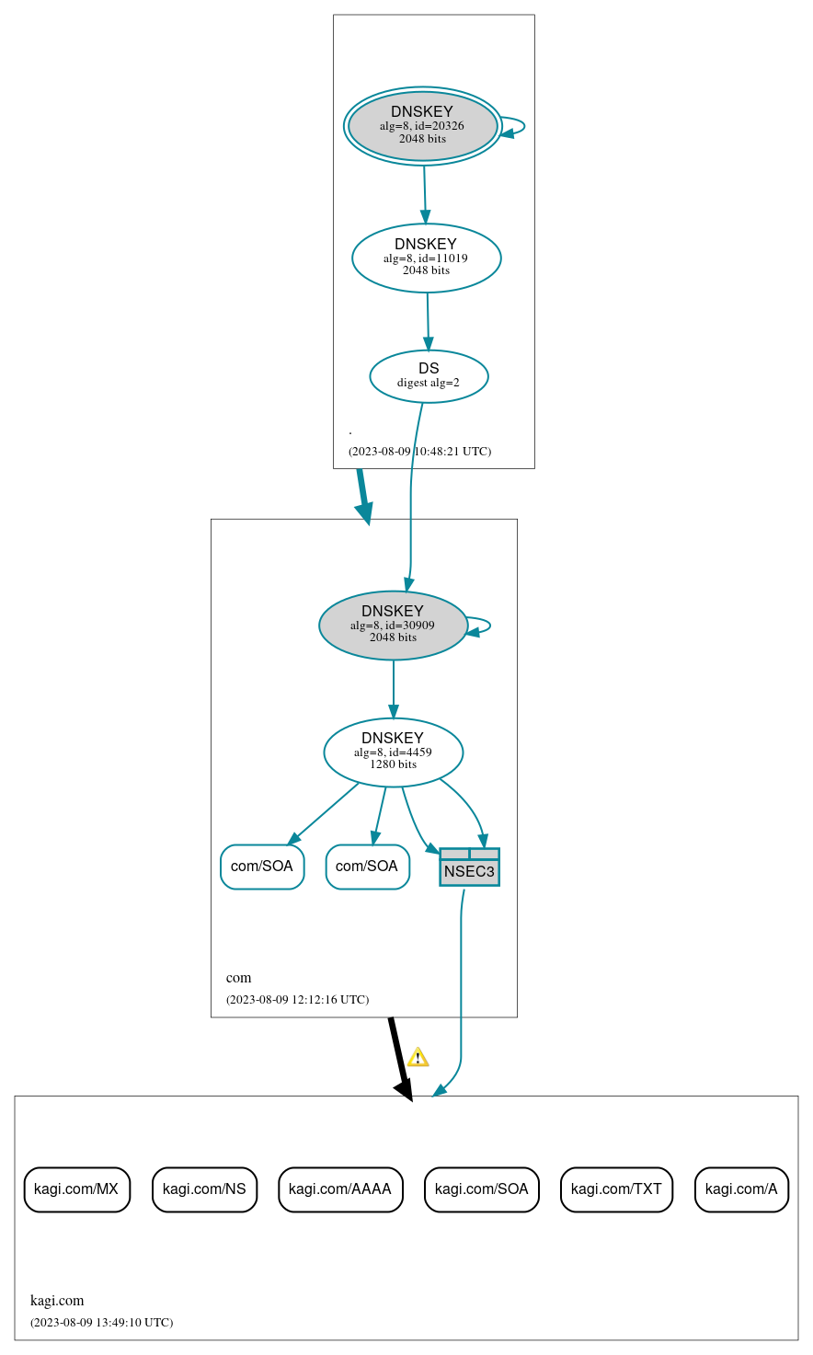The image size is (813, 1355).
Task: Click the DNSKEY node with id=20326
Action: pos(423,126)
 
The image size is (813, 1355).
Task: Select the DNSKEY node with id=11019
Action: pos(426,258)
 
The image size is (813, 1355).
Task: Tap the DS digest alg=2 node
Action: pos(429,375)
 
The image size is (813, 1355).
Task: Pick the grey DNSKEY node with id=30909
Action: pos(393,625)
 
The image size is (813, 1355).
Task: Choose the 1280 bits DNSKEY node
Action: pos(393,752)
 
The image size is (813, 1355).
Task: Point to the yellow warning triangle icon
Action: pos(418,1057)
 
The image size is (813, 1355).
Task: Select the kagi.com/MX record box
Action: pos(76,1188)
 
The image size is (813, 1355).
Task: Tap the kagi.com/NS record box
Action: pos(204,1188)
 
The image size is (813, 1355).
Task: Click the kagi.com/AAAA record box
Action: pos(340,1188)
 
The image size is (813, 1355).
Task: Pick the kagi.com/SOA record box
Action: pos(481,1188)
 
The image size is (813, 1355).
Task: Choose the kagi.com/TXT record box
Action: pos(616,1188)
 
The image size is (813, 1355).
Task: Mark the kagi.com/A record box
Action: pos(741,1188)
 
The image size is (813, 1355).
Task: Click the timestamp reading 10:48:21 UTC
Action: pos(419,452)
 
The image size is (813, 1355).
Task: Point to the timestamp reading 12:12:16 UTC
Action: pos(297,999)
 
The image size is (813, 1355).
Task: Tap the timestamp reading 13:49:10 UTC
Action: pos(101,1323)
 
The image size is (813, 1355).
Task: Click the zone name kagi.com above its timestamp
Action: pos(57,1301)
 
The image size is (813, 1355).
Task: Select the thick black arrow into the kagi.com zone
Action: pos(398,1058)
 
